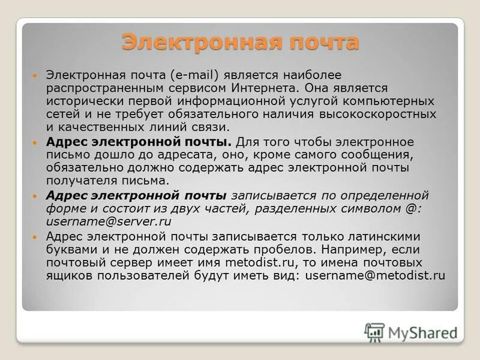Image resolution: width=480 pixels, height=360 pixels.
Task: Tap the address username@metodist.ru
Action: pyautogui.click(x=375, y=276)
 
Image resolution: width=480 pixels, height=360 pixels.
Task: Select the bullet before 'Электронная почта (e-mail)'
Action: pyautogui.click(x=35, y=76)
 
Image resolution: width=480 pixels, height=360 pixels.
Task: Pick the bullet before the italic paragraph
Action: pyautogui.click(x=35, y=196)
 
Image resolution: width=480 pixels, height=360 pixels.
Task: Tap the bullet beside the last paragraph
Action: pyautogui.click(x=35, y=237)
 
